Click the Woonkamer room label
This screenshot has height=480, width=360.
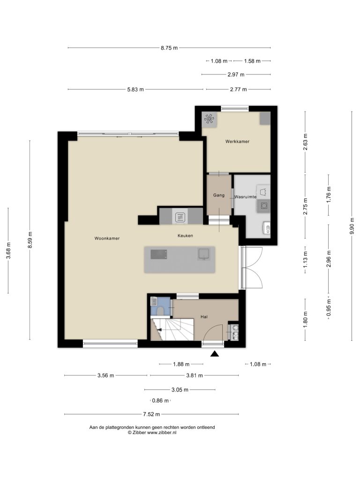pos(107,238)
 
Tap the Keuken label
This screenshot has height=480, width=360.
pos(185,235)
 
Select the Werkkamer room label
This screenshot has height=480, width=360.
pos(237,142)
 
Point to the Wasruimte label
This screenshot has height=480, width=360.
pos(245,197)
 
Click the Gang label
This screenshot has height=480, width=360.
pos(219,195)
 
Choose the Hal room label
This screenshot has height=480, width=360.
pos(204,316)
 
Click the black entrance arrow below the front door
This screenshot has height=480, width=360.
pos(215,354)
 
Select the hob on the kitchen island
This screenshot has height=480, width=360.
pos(159,254)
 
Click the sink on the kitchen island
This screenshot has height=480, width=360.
pos(203,254)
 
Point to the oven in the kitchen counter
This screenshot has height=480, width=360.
pos(180,217)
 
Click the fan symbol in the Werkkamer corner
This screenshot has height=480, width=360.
pos(210,119)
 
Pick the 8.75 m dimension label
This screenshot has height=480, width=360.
pos(169,48)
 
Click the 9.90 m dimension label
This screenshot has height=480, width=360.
pos(352,226)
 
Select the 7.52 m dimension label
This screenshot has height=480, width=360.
pos(151,414)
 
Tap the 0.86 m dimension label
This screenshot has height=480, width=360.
pos(160,400)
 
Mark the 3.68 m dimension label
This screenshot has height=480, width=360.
pos(8,250)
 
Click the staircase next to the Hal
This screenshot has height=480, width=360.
pos(172,330)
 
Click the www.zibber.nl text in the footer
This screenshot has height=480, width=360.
pos(162,433)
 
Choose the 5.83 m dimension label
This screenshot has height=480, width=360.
pos(135,90)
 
